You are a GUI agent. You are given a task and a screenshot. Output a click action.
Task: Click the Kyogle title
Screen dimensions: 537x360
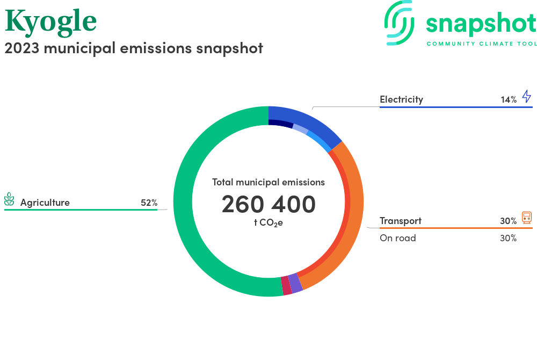coord(50,22)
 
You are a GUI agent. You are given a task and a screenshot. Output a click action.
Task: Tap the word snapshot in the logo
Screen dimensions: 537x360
coord(481,24)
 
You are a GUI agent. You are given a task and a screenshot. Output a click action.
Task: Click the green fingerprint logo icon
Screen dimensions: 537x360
coord(399,23)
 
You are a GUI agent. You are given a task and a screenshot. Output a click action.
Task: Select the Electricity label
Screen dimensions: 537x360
coord(401,99)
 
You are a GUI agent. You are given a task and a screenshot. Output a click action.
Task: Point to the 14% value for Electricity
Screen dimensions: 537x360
coord(509,100)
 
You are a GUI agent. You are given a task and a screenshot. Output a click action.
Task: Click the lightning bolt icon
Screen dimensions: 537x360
coord(527,96)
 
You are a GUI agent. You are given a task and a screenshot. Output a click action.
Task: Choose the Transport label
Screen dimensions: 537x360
coord(401,221)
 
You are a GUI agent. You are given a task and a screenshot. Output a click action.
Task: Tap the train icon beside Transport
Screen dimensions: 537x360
coord(527,218)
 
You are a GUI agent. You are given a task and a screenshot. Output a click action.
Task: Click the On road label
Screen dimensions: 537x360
coord(398,238)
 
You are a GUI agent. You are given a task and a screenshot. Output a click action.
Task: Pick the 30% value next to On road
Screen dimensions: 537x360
coord(508,238)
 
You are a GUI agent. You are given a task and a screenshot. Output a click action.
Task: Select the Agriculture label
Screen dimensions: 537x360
coord(45,203)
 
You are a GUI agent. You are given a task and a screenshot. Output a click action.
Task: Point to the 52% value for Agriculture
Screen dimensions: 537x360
coord(149,203)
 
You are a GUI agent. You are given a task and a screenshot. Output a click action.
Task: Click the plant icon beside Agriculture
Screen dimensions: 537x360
coord(9,199)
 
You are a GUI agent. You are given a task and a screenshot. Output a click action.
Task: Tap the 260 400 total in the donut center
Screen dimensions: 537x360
coord(268,204)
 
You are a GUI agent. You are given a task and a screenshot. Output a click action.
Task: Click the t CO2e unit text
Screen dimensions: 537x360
coord(268,222)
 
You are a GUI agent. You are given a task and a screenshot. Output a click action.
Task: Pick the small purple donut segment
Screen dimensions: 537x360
coord(295,284)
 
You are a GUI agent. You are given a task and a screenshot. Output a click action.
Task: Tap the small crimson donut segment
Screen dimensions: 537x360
coord(286,285)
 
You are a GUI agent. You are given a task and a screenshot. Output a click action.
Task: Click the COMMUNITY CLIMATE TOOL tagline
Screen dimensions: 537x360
coord(482,44)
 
